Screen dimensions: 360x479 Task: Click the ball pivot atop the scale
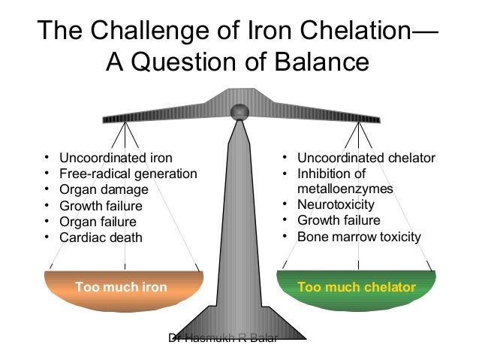[239, 112]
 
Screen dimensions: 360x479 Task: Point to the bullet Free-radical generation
[128, 174]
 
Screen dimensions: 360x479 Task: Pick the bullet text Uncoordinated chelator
[366, 158]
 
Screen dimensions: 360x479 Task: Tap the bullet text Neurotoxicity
[336, 204]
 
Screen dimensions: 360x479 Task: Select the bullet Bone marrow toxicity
[359, 237]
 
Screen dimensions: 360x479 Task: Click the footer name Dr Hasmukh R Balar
[222, 338]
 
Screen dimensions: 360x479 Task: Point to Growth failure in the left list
[101, 205]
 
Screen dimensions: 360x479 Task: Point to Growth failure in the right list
[339, 221]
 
